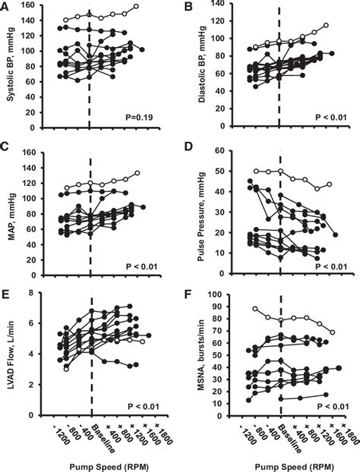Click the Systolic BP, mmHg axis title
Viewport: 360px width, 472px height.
pos(9,72)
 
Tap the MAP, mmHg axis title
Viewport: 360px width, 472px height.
pos(9,215)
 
